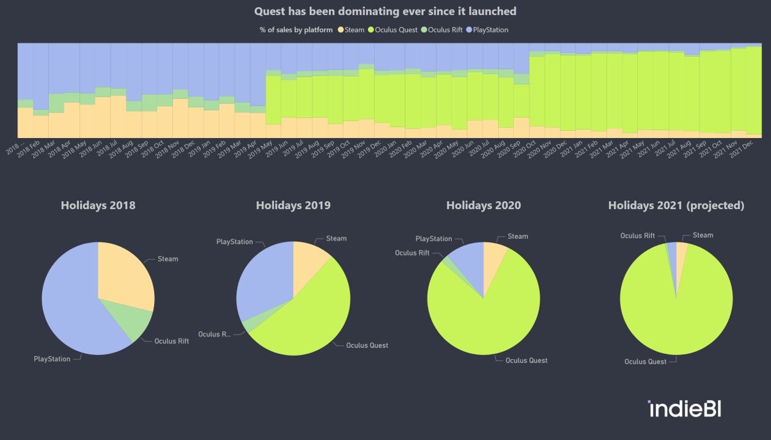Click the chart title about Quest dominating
coord(385,11)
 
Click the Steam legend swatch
coord(341,30)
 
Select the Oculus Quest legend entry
coord(395,30)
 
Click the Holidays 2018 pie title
coord(98,205)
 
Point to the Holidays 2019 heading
coord(293,205)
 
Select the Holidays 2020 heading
coord(483,205)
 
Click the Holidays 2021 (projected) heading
coord(676,205)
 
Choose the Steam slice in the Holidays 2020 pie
coord(493,260)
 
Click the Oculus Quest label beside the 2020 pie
coord(526,360)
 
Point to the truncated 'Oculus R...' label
coord(214,334)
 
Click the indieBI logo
coord(684,409)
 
